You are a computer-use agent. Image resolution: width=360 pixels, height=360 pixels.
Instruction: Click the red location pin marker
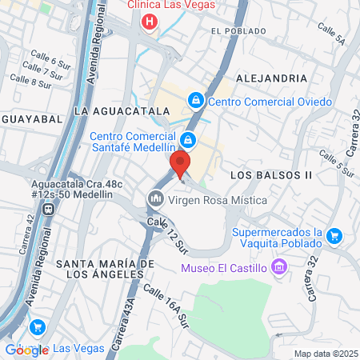click(180, 164)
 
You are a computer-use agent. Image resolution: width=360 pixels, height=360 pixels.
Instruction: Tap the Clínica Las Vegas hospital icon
click(148, 21)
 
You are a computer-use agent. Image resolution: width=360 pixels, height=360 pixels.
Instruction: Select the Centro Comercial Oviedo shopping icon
click(195, 101)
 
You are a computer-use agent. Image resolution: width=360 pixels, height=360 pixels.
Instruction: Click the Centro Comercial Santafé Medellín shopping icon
click(186, 139)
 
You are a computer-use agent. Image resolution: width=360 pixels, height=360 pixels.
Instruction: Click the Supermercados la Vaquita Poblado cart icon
click(334, 236)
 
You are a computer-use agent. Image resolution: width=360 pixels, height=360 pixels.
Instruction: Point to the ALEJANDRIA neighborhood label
click(271, 78)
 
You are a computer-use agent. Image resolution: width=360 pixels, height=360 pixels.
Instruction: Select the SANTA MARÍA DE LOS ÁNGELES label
click(104, 269)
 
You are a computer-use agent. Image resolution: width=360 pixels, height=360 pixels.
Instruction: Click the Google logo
click(27, 350)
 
